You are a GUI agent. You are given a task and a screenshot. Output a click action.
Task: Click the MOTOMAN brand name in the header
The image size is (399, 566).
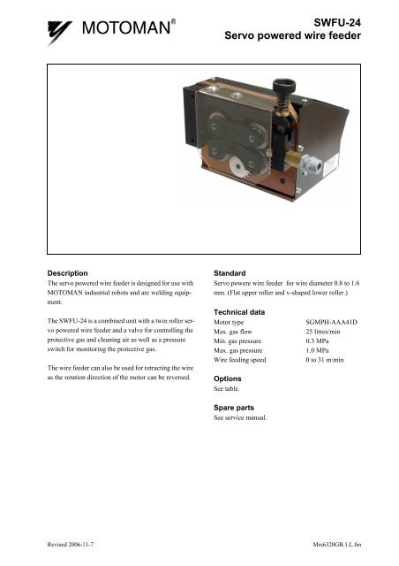[x=126, y=33]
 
